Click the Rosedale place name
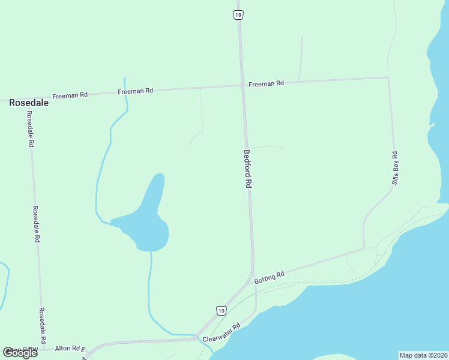[x=28, y=103]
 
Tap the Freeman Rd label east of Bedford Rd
[x=266, y=84]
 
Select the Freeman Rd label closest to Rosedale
[x=70, y=95]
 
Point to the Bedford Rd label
[x=247, y=169]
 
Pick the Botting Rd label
[x=269, y=277]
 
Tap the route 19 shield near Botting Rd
[x=221, y=310]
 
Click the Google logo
[x=20, y=352]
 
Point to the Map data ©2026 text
[x=424, y=355]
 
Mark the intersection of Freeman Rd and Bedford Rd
[x=243, y=85]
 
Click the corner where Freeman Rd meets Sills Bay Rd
[x=388, y=77]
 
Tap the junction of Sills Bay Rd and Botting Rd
[x=364, y=248]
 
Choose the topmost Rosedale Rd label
[x=30, y=131]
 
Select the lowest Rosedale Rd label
[x=43, y=324]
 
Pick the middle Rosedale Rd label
[x=36, y=224]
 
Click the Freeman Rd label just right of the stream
[x=136, y=91]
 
